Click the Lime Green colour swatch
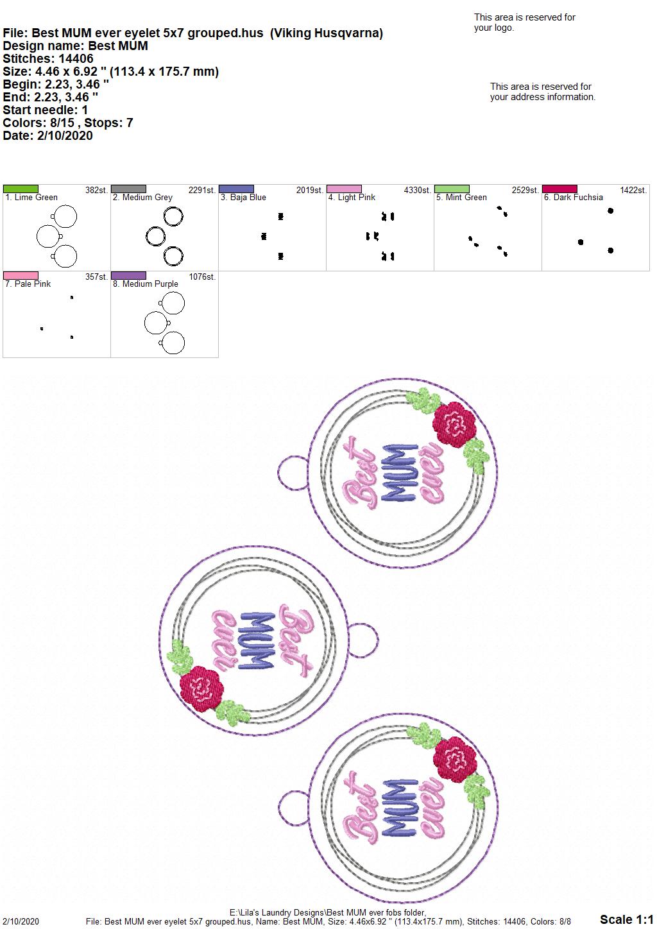tap(21, 189)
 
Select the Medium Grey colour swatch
tap(128, 189)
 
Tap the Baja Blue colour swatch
tap(236, 189)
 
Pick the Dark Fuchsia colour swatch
tap(560, 189)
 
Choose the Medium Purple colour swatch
tap(128, 275)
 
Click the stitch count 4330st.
tap(417, 190)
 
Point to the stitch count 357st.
tap(96, 277)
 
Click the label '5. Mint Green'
tap(461, 198)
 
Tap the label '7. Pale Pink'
tap(28, 284)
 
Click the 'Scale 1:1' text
tap(626, 919)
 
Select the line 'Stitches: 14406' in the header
tap(48, 58)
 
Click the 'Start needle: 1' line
tap(45, 110)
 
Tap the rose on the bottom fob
tap(455, 758)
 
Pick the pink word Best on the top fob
tap(359, 472)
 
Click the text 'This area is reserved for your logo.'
tap(524, 22)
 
